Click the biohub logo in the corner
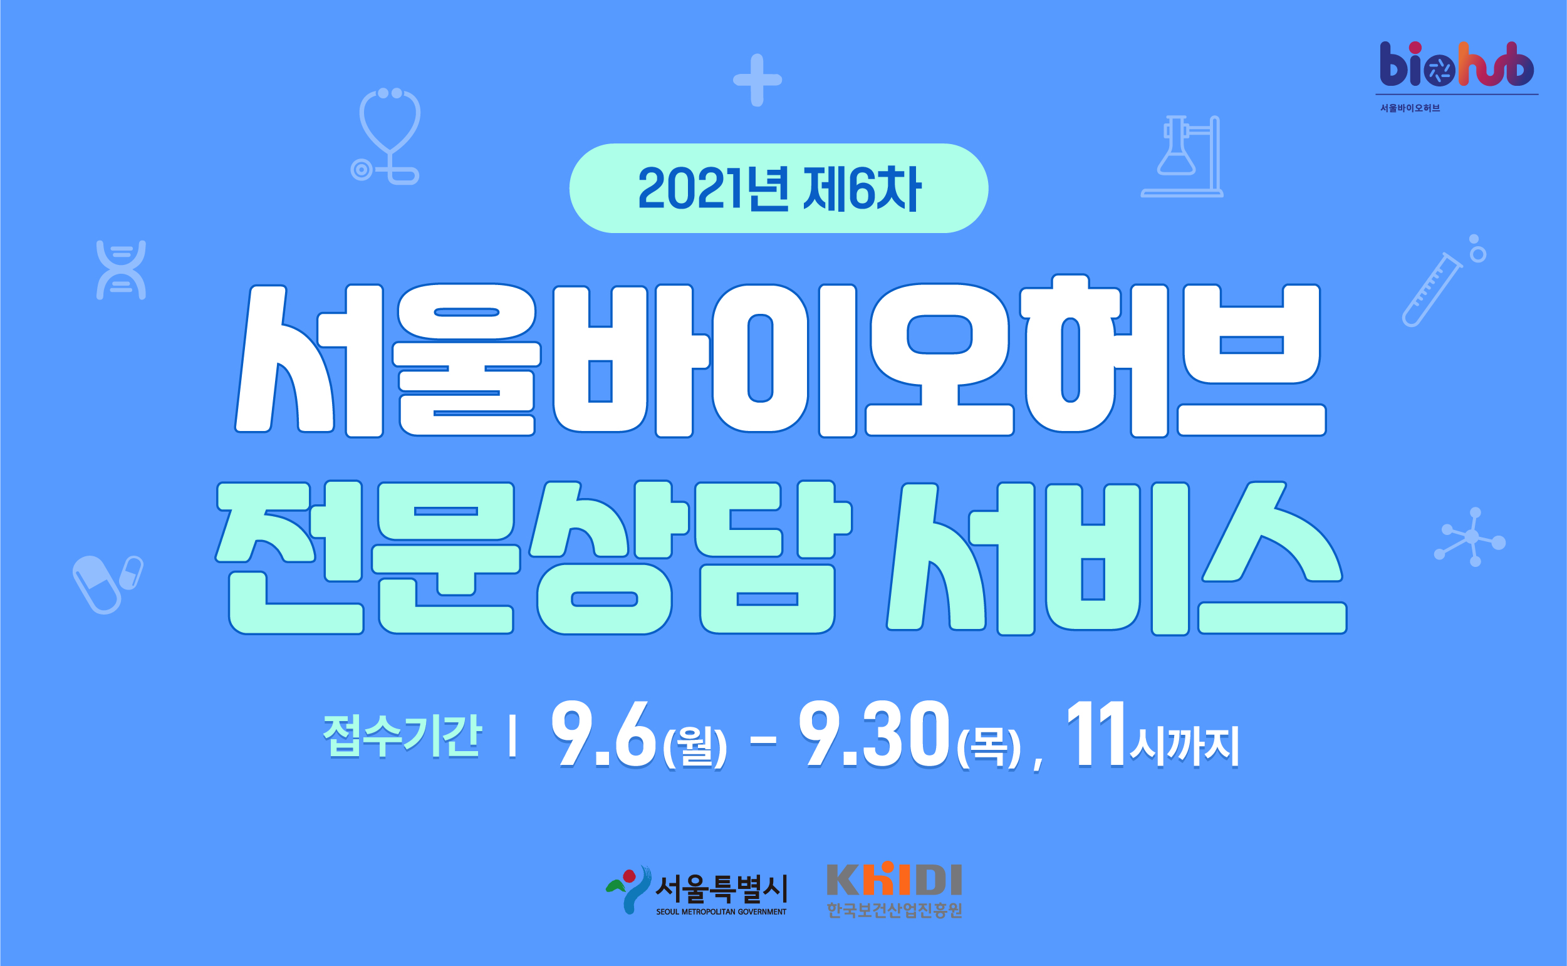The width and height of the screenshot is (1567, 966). pos(1457,65)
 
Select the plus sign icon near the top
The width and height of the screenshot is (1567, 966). pos(757,80)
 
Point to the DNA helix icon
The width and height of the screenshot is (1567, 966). pos(121,269)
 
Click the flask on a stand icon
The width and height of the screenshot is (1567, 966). pos(1182,156)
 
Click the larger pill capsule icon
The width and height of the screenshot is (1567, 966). pos(96,584)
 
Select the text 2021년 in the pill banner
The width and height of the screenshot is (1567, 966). pos(714,189)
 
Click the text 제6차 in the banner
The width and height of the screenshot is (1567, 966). pos(862,189)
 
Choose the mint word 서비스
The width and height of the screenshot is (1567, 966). pos(1116,558)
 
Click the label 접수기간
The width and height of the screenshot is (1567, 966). pos(402,735)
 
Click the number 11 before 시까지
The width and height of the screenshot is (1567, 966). pos(1096,733)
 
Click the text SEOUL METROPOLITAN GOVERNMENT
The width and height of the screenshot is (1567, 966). pos(721,911)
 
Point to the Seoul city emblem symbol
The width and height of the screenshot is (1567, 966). pos(628,890)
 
